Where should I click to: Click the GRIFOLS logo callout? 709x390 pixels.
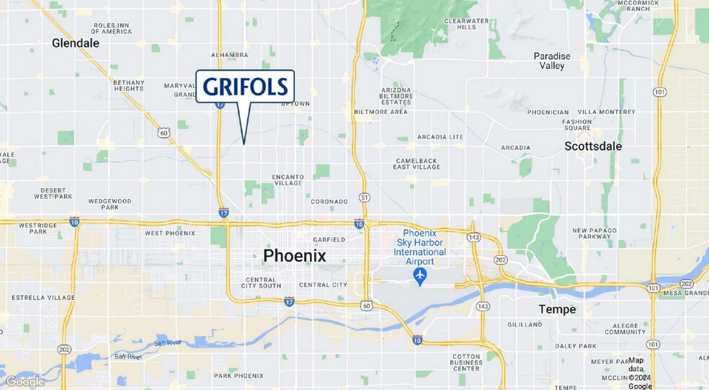tap(245, 87)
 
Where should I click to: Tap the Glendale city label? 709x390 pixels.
tap(76, 43)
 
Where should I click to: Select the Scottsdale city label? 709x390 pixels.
tap(593, 146)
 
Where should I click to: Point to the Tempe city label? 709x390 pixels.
tap(557, 309)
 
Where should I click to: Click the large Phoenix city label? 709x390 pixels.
tap(294, 256)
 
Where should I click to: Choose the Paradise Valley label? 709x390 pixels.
tap(552, 61)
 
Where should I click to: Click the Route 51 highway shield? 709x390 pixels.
tap(365, 197)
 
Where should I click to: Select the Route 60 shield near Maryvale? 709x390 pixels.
tap(164, 133)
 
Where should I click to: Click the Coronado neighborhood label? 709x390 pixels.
tap(329, 201)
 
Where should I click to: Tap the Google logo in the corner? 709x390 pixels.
tap(24, 381)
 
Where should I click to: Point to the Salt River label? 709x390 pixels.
tap(128, 356)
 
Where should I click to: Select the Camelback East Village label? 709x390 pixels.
tap(416, 163)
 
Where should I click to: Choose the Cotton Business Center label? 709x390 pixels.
tap(466, 363)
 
